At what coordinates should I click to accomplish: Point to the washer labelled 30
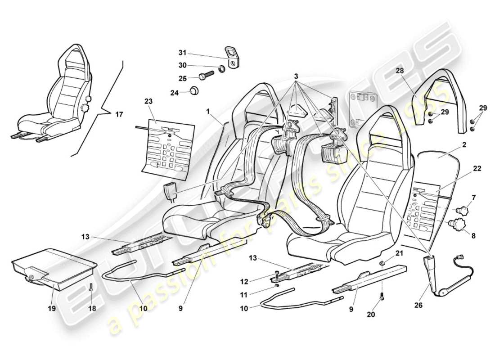coord(221,69)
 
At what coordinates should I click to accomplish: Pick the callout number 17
coord(119,115)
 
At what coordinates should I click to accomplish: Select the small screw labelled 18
coord(92,288)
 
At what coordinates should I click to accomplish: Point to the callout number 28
coord(400,71)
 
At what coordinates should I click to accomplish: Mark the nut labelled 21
coord(382,263)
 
